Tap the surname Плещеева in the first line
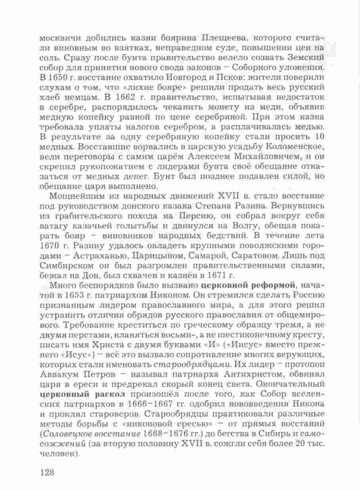click(223, 38)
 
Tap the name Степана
click(222, 206)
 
